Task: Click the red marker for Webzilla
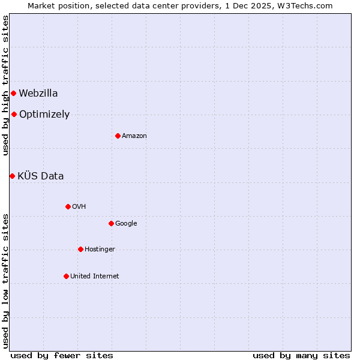coord(13,93)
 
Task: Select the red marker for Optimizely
coord(14,114)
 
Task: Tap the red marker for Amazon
coord(118,136)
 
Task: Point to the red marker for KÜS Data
coord(12,176)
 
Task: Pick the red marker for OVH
coord(68,206)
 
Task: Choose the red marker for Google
coord(111,223)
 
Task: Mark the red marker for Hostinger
coord(80,249)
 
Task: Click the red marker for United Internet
coord(66,276)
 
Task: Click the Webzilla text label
coord(38,93)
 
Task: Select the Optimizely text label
coord(44,114)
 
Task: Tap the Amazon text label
coord(134,136)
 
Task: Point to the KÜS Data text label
coord(41,176)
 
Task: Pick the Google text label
coord(126,223)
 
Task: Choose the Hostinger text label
coord(100,249)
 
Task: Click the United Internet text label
coord(95,276)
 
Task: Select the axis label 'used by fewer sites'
coord(62,355)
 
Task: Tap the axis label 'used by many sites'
coord(301,355)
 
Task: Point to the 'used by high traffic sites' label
coord(5,85)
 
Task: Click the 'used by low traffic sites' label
coord(5,280)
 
